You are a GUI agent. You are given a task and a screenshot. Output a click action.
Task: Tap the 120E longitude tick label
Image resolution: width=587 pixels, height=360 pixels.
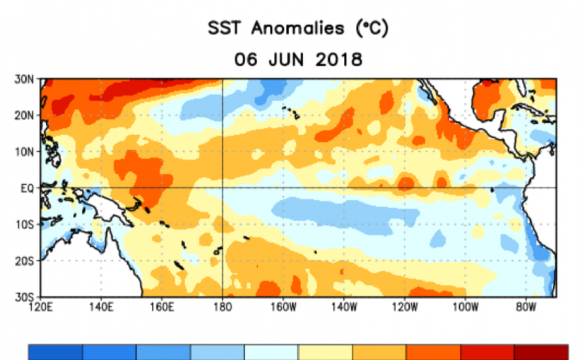(x=40, y=307)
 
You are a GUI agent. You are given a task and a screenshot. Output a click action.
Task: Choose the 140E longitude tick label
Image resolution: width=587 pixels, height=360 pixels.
(x=101, y=307)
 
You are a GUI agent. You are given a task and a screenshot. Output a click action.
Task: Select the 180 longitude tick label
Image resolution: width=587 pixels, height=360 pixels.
(x=222, y=307)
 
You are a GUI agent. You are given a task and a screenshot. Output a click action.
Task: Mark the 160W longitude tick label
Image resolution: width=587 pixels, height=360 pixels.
(x=283, y=307)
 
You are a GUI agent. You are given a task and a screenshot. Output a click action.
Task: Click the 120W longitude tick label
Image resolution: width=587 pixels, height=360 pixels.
(x=405, y=307)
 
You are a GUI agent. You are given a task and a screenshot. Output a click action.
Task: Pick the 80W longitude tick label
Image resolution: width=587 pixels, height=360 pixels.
(x=526, y=307)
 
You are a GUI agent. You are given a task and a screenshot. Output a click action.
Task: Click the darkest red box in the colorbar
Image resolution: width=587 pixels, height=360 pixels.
(x=541, y=353)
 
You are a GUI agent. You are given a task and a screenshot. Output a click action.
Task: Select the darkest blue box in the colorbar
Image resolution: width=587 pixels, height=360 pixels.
(x=55, y=353)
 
